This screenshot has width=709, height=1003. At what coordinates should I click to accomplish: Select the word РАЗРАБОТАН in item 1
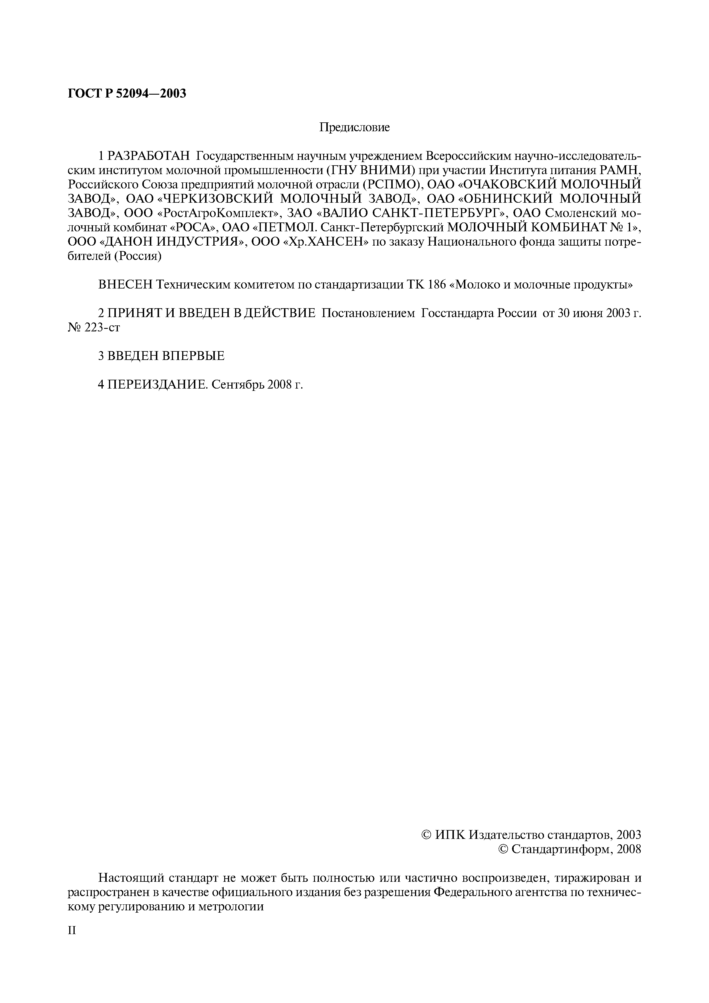coord(149,156)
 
